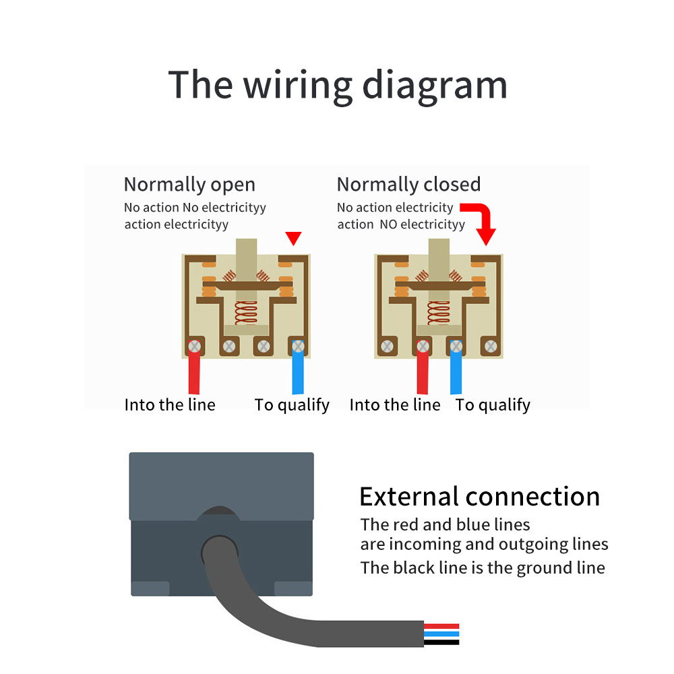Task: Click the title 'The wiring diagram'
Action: click(x=338, y=86)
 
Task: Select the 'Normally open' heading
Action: click(x=189, y=185)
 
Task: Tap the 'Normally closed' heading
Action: click(x=409, y=185)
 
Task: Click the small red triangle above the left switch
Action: click(x=294, y=238)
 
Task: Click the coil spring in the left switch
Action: click(x=246, y=313)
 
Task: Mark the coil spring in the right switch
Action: click(x=439, y=313)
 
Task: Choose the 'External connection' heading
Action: click(x=480, y=497)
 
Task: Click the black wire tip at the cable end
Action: click(x=441, y=642)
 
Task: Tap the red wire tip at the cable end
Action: click(x=441, y=626)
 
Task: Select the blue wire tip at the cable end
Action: click(x=441, y=634)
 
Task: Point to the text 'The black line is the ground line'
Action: click(x=483, y=568)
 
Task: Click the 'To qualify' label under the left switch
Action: click(x=292, y=405)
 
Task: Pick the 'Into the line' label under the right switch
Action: click(x=395, y=405)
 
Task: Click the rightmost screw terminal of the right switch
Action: click(x=491, y=346)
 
